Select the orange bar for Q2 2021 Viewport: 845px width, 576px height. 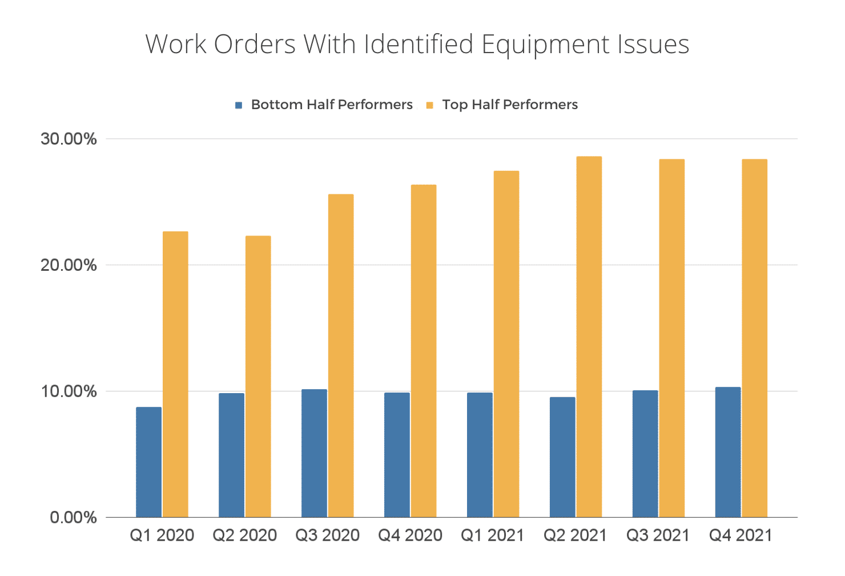[x=589, y=337]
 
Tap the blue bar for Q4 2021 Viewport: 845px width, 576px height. [x=727, y=452]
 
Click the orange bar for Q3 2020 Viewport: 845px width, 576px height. [x=341, y=355]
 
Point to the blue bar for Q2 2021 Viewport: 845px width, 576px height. [x=562, y=457]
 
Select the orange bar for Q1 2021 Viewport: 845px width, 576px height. [x=506, y=344]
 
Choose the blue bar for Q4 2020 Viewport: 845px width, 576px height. [x=397, y=455]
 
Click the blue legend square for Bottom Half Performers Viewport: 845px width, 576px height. [x=239, y=105]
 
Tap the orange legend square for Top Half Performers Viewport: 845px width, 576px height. [x=430, y=105]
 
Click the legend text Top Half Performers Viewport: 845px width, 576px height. [x=510, y=105]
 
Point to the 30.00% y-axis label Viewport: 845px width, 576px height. [x=69, y=139]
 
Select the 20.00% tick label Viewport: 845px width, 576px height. [x=69, y=265]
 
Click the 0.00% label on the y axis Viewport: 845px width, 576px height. [x=73, y=518]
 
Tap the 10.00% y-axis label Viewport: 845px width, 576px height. [x=69, y=391]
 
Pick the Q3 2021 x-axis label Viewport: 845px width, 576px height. [x=658, y=535]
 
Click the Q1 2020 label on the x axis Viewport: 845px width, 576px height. [x=162, y=535]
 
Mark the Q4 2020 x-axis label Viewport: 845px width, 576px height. [x=410, y=535]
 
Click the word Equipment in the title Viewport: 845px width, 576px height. [x=545, y=45]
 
